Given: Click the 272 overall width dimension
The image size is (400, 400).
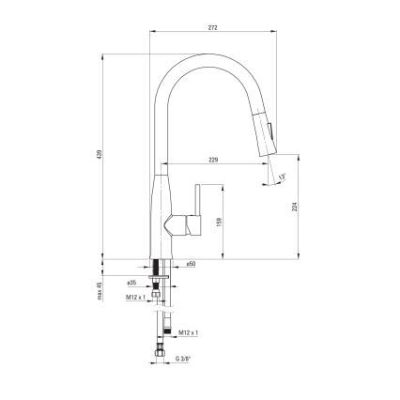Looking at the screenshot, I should click(213, 29).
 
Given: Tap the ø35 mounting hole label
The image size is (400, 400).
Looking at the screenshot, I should click(131, 282).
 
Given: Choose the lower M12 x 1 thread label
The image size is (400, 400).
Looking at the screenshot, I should click(189, 331).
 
